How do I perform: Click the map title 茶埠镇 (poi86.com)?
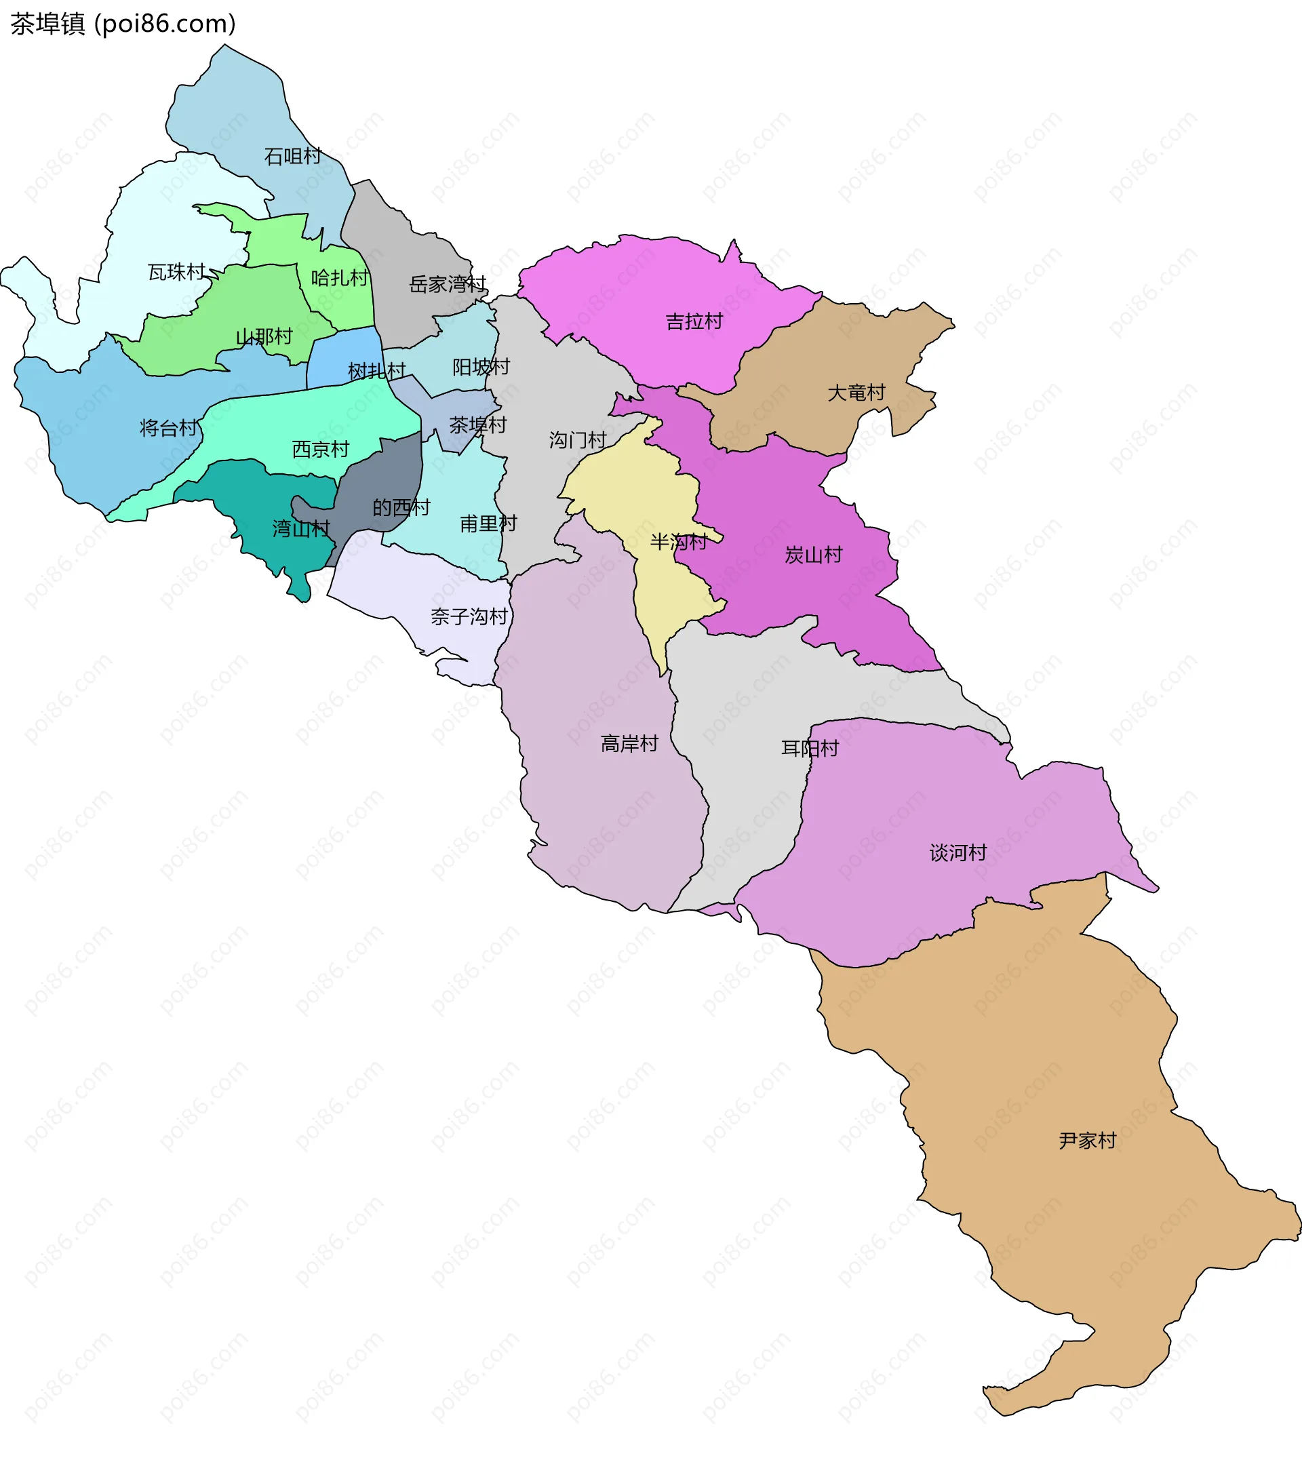point(123,24)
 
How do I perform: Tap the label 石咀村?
point(292,156)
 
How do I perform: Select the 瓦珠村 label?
point(176,272)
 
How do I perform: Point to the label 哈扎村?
point(340,277)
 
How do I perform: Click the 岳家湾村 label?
point(448,285)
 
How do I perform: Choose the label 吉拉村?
point(694,322)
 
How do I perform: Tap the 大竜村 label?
point(856,393)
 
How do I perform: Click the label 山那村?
point(264,336)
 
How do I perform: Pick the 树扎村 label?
point(376,371)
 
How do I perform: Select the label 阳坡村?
point(481,367)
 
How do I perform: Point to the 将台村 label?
point(168,428)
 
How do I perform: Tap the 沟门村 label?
point(577,440)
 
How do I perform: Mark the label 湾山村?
point(301,529)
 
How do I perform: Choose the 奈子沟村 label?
point(469,616)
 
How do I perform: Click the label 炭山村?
point(813,555)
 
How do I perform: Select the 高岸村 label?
point(629,744)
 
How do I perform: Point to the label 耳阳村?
point(810,748)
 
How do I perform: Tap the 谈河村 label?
point(958,852)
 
